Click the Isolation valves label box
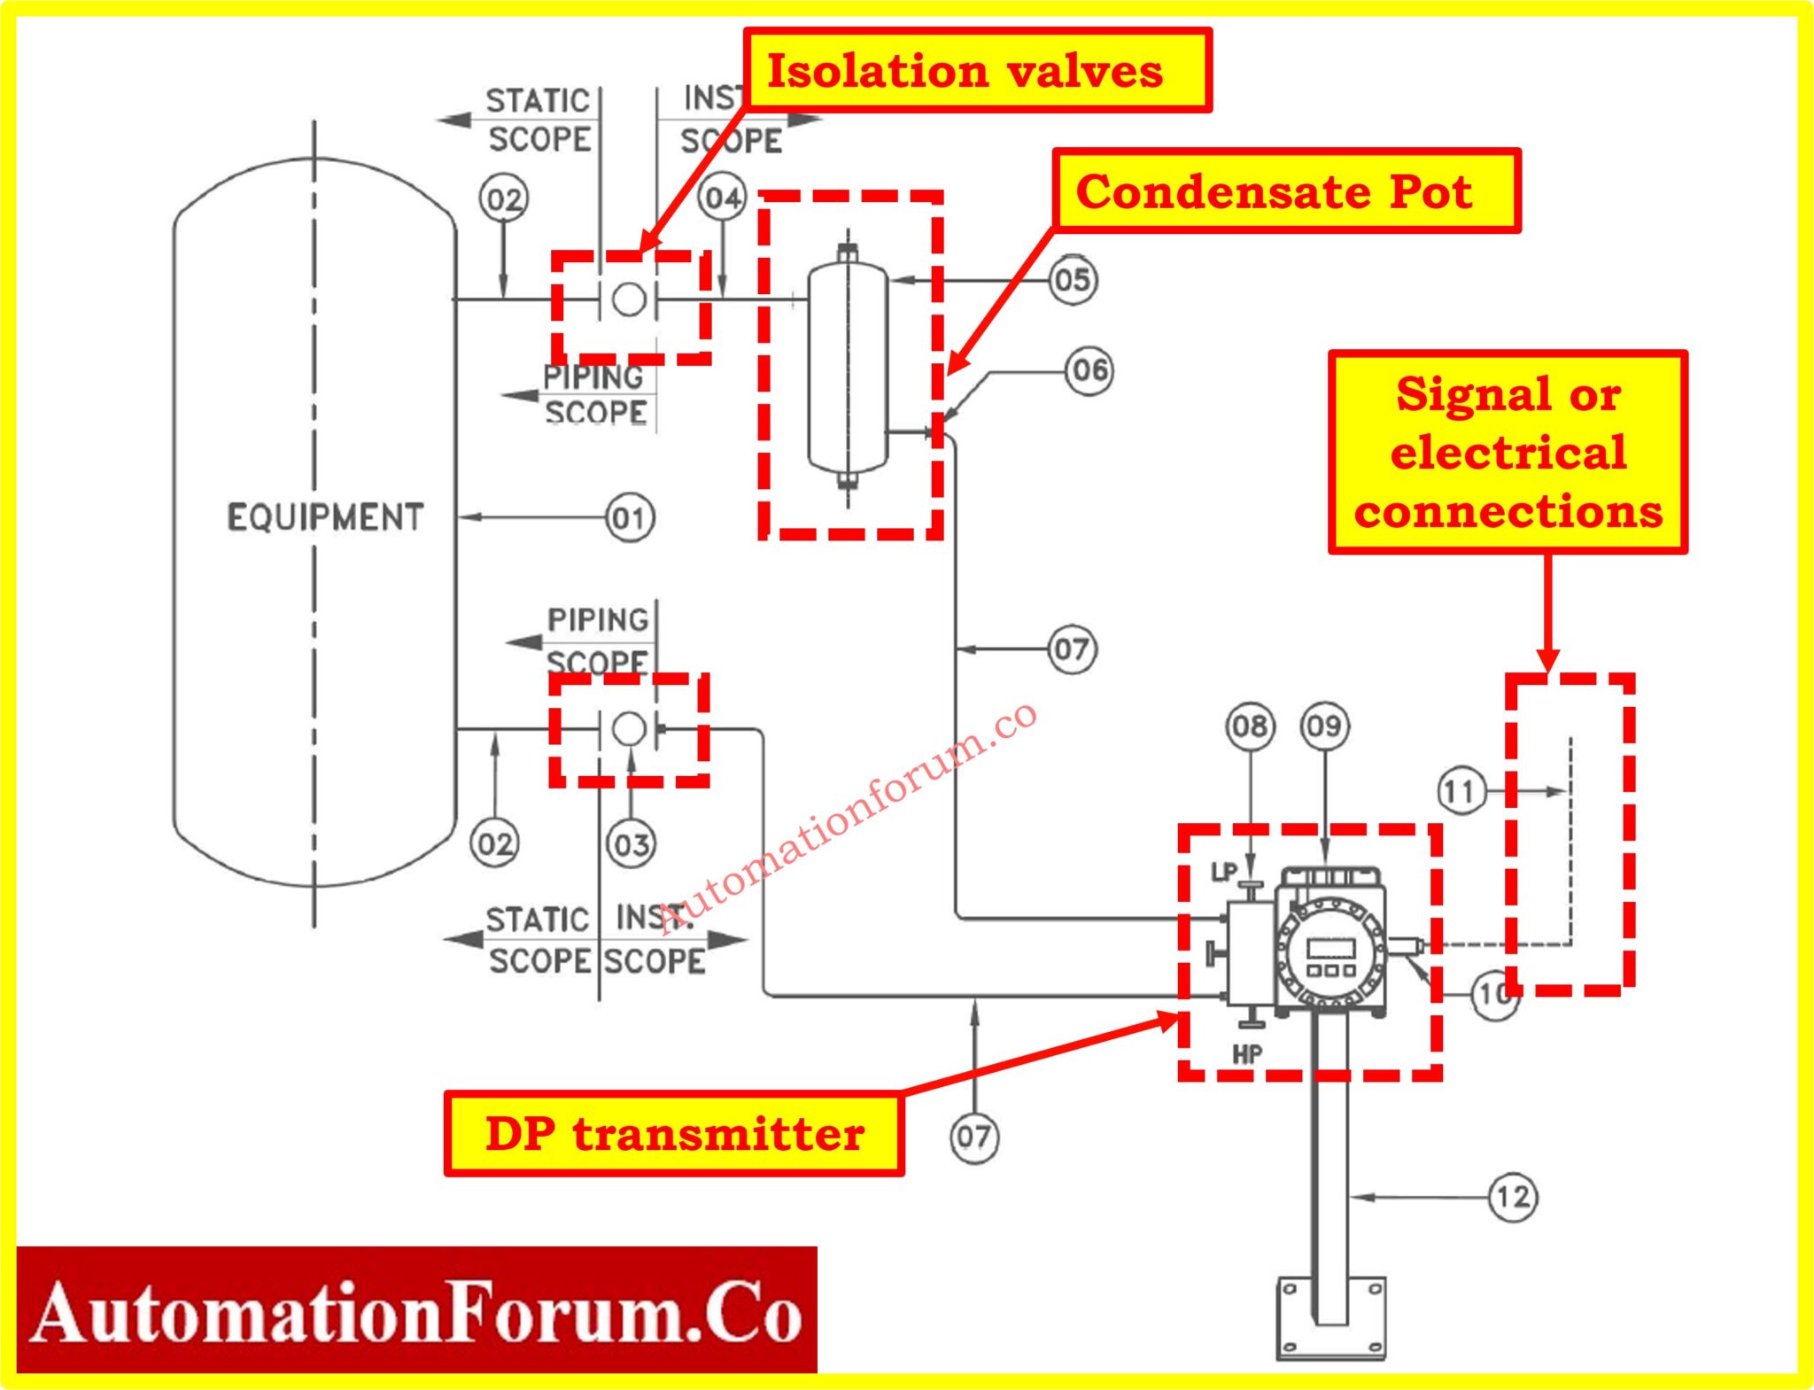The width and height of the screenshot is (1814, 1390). tap(977, 71)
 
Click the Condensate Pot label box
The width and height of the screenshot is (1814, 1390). tap(1285, 191)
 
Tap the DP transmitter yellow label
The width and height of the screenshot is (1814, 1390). tap(673, 1134)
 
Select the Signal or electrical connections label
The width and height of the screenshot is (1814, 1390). tap(1508, 453)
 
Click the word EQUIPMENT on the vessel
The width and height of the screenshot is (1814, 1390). tap(325, 517)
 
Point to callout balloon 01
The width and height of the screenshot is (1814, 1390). tap(630, 518)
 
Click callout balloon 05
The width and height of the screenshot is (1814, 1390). tap(1073, 281)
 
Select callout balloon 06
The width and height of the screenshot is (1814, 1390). tap(1089, 370)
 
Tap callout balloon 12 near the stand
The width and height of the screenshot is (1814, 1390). tap(1512, 1198)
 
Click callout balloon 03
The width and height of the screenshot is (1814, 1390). tap(631, 843)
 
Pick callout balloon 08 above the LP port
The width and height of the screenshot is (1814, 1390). tap(1250, 727)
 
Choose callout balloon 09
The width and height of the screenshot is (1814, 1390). tap(1324, 727)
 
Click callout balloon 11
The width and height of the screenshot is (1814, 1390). tap(1461, 791)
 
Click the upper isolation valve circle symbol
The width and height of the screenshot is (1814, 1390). tap(629, 299)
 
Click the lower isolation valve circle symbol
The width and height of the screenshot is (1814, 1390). tap(629, 729)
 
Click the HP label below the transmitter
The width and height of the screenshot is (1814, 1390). tap(1246, 1054)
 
